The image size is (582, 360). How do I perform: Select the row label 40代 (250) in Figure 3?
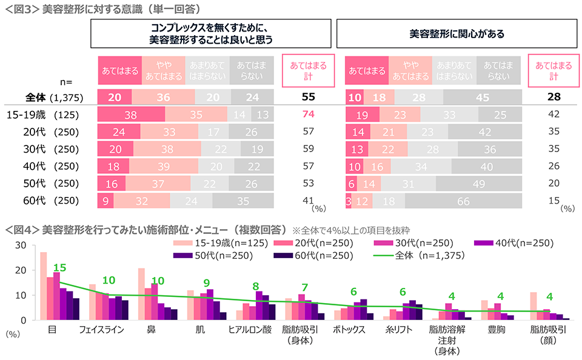42,165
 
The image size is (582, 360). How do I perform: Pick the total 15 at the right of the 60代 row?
554,200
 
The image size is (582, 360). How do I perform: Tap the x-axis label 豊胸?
495,330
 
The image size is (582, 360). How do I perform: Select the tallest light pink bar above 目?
43,286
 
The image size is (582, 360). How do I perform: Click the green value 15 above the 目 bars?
59,268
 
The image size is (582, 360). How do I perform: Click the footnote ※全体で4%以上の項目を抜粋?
350,230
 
